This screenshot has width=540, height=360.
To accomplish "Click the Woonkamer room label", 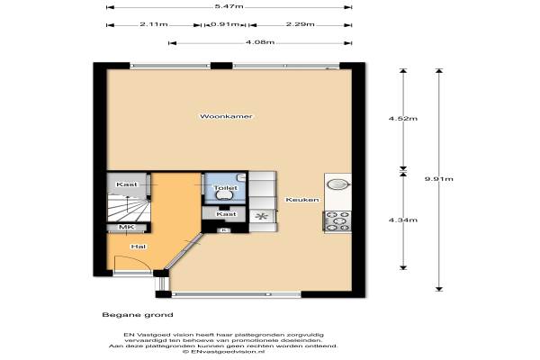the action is click(226, 116).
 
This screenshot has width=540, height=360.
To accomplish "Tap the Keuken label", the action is click(302, 200).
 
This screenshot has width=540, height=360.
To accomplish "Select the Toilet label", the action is click(226, 188).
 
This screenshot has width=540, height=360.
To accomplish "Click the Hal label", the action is click(138, 247).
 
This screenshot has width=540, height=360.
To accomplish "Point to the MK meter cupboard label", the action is click(126, 227).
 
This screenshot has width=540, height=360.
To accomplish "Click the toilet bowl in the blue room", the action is click(224, 195).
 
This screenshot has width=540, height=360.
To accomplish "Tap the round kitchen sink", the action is click(337, 184).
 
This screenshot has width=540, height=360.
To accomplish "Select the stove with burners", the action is click(337, 220).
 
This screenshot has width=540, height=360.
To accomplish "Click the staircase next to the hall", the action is click(129, 210).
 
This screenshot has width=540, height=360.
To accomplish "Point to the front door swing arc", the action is click(138, 259).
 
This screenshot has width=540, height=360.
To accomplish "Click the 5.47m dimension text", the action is click(229, 6).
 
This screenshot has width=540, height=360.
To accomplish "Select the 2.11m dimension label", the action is click(154, 24).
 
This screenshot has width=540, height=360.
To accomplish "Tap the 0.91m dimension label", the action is click(224, 24).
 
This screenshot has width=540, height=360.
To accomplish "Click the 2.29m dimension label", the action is click(300, 24).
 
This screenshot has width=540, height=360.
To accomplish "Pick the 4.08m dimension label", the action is click(260, 42).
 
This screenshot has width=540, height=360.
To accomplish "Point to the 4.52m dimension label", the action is click(403, 119).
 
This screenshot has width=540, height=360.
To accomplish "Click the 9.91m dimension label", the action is click(439, 179).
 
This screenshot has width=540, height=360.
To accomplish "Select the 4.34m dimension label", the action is click(403, 220).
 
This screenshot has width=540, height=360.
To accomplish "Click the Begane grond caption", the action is click(138, 315).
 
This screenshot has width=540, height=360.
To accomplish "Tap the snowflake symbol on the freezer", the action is click(262, 217).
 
